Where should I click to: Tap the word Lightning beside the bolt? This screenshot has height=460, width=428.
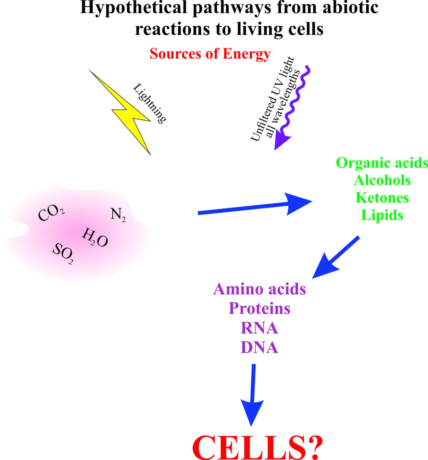[150, 104]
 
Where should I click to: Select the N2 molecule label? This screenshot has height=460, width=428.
[118, 215]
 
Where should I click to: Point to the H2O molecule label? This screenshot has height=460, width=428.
[95, 238]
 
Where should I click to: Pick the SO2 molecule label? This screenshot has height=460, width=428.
[63, 254]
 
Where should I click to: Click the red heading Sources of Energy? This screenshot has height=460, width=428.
[210, 54]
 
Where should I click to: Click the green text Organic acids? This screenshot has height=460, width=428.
[382, 163]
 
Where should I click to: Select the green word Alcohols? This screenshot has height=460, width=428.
[382, 180]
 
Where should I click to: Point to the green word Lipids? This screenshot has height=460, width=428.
[382, 215]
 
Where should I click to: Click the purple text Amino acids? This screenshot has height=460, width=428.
[259, 289]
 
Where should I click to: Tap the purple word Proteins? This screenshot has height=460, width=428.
[259, 308]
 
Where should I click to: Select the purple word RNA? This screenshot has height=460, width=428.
[259, 328]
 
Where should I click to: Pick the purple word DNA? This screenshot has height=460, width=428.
[259, 347]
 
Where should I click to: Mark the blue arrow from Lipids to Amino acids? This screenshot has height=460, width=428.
[336, 257]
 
